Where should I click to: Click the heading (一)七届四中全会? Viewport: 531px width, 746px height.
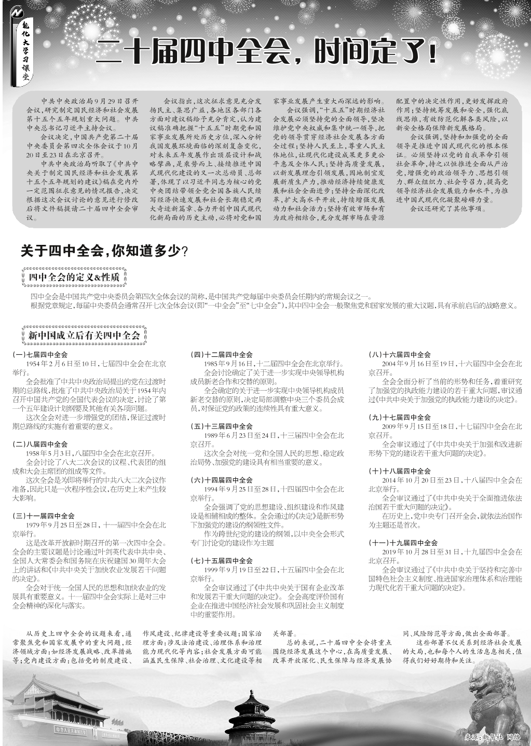(40, 355)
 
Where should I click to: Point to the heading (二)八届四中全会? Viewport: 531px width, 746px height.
(40, 445)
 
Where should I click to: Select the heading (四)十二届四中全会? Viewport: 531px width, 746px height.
(222, 355)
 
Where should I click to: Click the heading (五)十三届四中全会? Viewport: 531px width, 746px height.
(222, 426)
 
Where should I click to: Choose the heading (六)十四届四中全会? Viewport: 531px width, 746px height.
(222, 480)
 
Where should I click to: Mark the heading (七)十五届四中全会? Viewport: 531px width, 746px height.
(222, 561)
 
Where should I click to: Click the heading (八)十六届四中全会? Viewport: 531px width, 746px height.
(400, 355)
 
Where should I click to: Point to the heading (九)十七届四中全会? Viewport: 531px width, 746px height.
(400, 418)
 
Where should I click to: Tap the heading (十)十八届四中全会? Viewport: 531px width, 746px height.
(400, 472)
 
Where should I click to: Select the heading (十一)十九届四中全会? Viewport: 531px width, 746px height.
(403, 543)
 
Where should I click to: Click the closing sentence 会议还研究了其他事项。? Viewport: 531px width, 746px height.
(448, 209)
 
